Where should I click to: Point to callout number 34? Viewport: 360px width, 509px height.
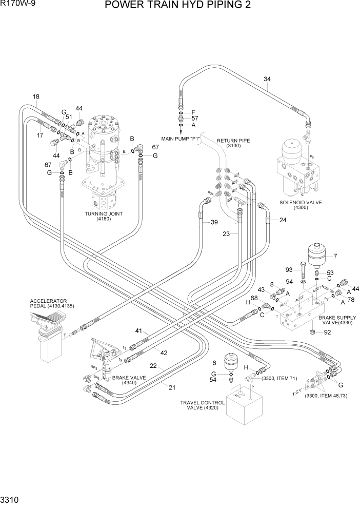tap(267, 79)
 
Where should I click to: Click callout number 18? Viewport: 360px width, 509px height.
tap(36, 97)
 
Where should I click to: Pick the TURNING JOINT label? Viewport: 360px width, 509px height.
tap(106, 217)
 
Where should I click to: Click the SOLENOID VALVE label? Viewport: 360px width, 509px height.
tap(301, 205)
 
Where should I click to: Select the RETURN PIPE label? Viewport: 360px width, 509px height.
tap(233, 143)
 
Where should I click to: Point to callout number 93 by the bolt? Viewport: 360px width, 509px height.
tap(289, 270)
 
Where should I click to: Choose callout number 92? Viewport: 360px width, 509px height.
tap(327, 332)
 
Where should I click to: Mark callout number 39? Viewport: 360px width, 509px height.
tap(214, 222)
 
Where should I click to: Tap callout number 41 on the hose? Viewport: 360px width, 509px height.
tap(138, 331)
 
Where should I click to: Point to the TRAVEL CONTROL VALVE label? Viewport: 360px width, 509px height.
tap(202, 405)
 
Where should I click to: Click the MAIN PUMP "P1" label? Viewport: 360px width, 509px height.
tap(180, 139)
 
